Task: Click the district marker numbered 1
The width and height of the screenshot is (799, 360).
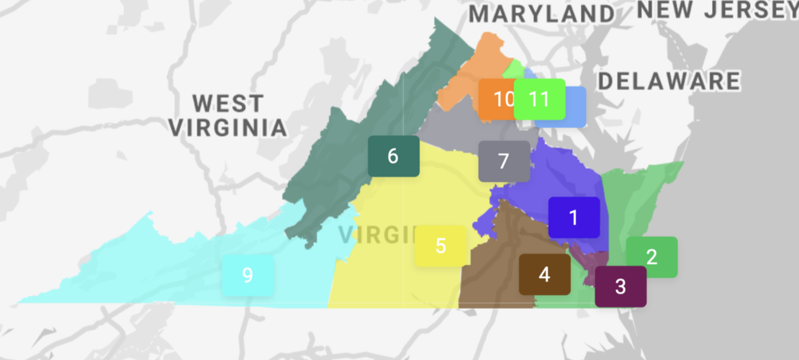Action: [574, 217]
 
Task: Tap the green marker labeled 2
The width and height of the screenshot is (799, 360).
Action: [651, 257]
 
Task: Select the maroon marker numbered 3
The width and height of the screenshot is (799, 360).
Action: [620, 286]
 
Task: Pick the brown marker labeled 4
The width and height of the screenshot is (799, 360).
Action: [544, 274]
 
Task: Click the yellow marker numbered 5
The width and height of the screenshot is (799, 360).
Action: [441, 246]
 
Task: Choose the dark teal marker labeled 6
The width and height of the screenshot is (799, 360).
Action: [393, 156]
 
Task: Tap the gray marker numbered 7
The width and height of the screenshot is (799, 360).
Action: [504, 161]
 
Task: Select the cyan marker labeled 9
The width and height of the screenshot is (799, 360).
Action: [248, 275]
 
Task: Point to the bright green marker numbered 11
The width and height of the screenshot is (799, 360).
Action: [539, 99]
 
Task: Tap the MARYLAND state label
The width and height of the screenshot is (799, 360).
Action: [541, 14]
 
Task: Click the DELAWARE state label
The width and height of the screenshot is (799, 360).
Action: [669, 81]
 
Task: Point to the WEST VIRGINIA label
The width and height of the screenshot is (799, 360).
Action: [227, 115]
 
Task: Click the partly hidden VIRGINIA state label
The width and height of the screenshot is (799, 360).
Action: [374, 235]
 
